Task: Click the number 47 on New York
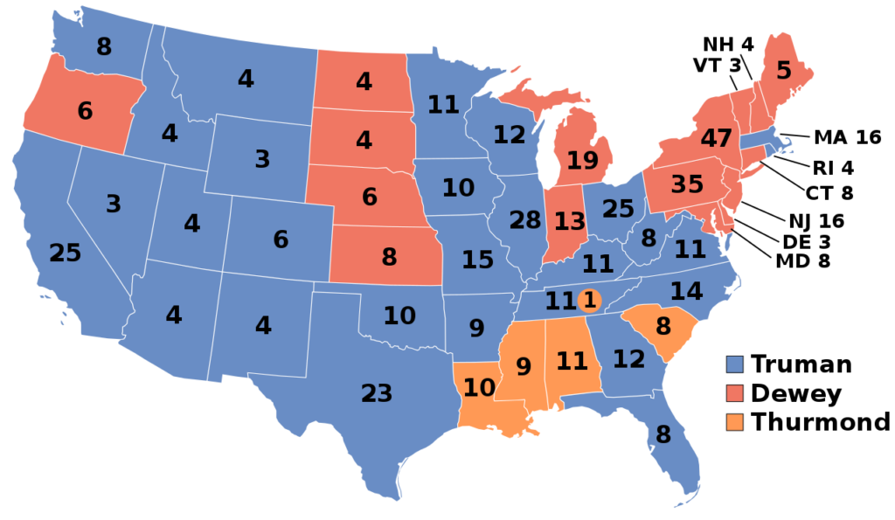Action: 716,139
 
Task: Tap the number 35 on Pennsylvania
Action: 687,185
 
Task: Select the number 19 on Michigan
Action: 583,161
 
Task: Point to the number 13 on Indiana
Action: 569,222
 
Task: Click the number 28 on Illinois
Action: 525,220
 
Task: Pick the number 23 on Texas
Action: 377,394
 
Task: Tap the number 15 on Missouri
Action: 477,260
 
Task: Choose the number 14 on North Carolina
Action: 686,291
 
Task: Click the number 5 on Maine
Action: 783,72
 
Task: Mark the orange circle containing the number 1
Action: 589,301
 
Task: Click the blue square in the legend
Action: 735,364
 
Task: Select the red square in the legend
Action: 735,392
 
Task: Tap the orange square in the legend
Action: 735,422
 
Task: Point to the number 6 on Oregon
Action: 85,112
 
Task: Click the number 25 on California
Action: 65,253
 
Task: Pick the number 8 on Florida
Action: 663,434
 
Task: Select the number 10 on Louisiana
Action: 480,387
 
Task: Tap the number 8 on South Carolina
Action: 663,327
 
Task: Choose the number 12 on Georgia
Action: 628,358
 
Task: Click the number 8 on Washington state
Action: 104,47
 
